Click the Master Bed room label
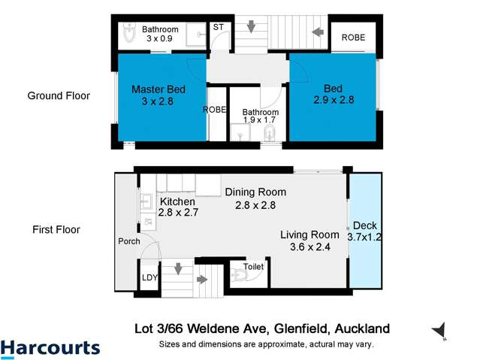pyautogui.click(x=158, y=89)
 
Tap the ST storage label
pyautogui.click(x=219, y=28)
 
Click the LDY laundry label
pyautogui.click(x=149, y=277)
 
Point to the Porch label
pyautogui.click(x=129, y=242)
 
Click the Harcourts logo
pyautogui.click(x=50, y=348)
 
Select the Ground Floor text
pyautogui.click(x=59, y=95)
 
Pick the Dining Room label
pyautogui.click(x=255, y=192)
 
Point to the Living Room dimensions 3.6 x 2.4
pyautogui.click(x=304, y=246)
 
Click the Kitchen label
pyautogui.click(x=177, y=202)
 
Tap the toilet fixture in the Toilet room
pyautogui.click(x=239, y=276)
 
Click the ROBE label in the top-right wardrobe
pyautogui.click(x=353, y=37)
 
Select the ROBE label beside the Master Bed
pyautogui.click(x=216, y=110)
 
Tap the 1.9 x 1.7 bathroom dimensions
pyautogui.click(x=259, y=119)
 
